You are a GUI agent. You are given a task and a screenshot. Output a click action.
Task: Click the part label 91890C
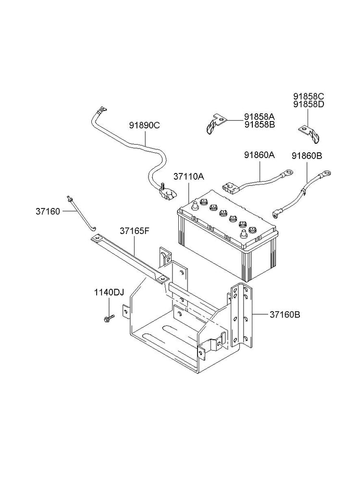144,125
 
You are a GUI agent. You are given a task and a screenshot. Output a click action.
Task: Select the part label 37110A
188,176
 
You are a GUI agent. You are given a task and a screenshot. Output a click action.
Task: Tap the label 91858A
260,116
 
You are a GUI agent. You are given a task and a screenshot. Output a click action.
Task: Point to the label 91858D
309,104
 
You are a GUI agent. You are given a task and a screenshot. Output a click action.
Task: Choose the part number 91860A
260,155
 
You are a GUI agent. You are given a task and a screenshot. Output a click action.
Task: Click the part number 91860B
307,156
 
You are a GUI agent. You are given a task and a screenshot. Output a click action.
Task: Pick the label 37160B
285,314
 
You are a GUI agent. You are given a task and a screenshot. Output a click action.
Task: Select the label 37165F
134,231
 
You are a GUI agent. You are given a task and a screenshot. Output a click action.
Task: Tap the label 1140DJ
109,293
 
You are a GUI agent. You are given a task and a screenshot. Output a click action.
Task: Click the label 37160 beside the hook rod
48,211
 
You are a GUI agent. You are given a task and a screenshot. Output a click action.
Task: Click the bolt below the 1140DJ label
109,319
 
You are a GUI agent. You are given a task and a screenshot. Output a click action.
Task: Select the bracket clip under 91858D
310,133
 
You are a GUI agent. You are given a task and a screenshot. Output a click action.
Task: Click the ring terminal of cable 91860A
288,172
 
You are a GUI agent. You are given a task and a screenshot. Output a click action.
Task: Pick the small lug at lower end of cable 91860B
275,214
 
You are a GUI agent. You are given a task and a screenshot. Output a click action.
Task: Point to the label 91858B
260,124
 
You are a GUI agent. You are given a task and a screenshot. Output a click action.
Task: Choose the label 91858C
309,96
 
